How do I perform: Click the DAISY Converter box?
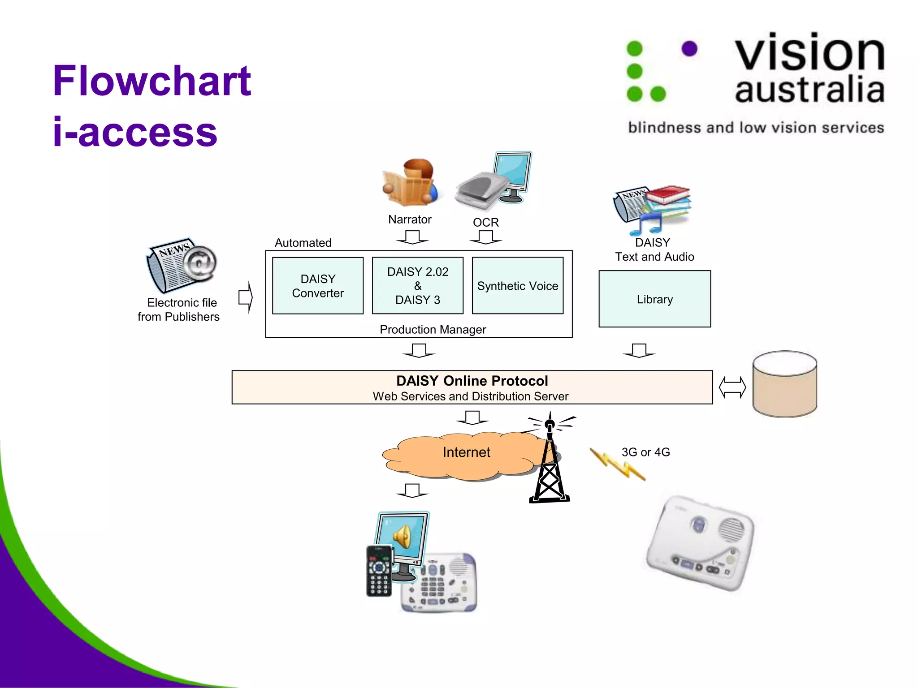point(318,286)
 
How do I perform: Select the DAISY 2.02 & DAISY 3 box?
point(417,286)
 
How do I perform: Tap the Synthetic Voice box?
point(517,286)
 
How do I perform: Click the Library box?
point(654,299)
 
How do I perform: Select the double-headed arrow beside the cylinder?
point(732,387)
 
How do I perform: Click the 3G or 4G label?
point(645,452)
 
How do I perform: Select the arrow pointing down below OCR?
point(486,237)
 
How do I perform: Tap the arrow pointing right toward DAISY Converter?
point(246,297)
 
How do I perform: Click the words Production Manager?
point(433,330)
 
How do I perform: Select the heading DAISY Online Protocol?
point(472,381)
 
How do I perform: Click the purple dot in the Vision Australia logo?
point(689,49)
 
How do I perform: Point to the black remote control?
point(379,571)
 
